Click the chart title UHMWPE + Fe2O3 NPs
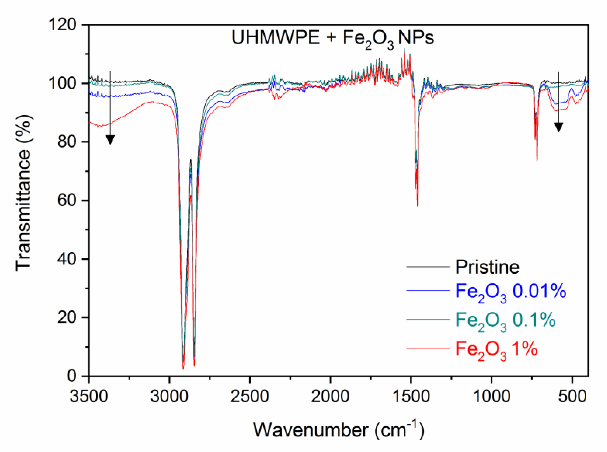point(332,38)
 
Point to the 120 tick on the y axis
point(62,25)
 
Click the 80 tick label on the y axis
point(67,142)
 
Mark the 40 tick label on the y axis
point(67,259)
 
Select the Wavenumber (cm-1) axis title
point(339,430)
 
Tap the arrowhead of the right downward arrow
point(559,127)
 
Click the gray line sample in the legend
point(428,267)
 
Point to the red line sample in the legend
point(428,348)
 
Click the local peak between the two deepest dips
point(191,160)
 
